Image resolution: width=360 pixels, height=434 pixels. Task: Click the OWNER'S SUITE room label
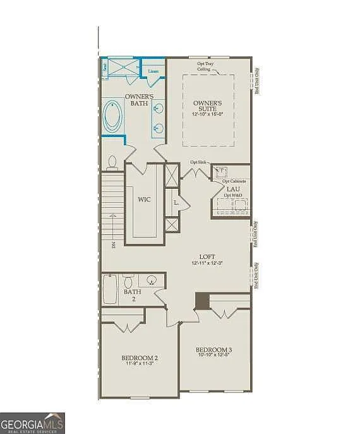[208, 105]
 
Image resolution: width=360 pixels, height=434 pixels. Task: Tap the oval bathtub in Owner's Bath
[114, 116]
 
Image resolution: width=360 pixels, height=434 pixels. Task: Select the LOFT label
[207, 256]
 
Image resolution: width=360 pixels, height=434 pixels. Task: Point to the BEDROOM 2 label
[139, 358]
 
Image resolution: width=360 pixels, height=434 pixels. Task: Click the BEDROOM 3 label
[213, 350]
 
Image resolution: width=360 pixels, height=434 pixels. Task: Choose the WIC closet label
[144, 199]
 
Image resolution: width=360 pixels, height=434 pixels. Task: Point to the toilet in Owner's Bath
[112, 163]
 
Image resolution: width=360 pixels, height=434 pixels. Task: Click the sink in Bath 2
[152, 280]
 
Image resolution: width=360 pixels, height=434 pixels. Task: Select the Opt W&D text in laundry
[232, 195]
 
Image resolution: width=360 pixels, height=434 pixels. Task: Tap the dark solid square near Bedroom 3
[202, 301]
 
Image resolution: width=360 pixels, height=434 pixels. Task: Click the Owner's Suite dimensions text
[208, 114]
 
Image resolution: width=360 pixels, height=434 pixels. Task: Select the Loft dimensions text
[207, 263]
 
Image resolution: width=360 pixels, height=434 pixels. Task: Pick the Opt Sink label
[198, 162]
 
